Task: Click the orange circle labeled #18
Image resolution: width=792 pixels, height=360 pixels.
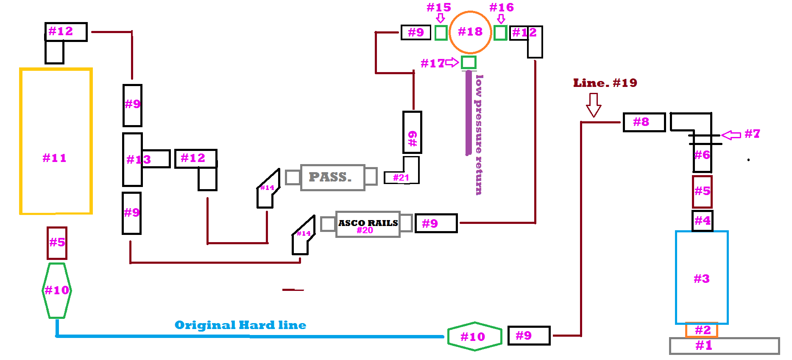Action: pos(470,12)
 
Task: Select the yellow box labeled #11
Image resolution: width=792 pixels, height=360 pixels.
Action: pos(20,141)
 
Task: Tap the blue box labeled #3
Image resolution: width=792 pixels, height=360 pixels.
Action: pos(676,278)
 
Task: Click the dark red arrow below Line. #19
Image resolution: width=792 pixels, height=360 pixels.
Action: pos(594,105)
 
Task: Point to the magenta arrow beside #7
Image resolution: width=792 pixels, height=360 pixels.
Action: pos(731,135)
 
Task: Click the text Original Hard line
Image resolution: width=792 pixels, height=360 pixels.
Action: pos(240,325)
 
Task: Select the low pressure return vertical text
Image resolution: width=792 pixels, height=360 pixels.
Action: pos(479,135)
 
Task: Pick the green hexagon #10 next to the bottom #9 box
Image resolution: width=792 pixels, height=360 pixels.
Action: pos(475,323)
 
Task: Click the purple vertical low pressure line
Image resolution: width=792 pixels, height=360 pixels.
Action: pos(469,113)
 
